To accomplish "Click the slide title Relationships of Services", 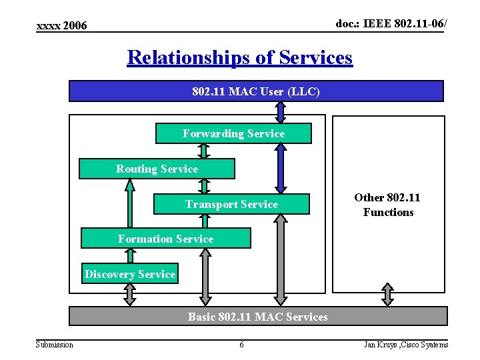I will point(239,58).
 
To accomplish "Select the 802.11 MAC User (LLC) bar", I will point(256,91).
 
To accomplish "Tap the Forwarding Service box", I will point(233,133).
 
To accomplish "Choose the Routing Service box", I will point(157,169).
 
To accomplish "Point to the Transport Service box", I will point(231,204).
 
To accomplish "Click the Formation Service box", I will point(165,239).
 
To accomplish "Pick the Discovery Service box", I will point(129,274).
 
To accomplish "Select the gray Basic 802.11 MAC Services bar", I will point(257,317).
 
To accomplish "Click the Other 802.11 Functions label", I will point(387,205).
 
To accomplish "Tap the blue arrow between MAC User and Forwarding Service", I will point(281,112).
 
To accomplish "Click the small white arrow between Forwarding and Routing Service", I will point(203,151).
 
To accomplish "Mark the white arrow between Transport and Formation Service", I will point(204,221).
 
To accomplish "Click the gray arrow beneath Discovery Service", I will point(129,295).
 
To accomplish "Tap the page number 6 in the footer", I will point(241,345).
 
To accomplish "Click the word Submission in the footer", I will point(55,345).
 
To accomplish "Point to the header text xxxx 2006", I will point(61,25).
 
